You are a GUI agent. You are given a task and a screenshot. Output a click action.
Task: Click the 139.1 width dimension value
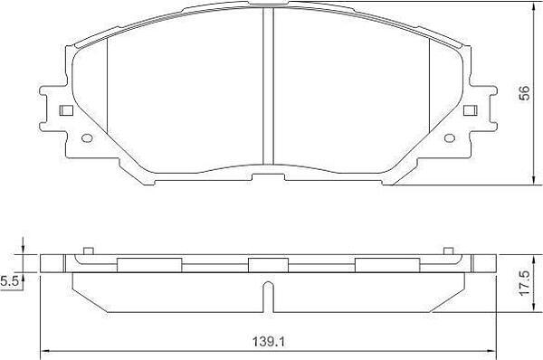(x=268, y=342)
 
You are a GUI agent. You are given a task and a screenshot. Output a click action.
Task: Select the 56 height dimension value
(x=525, y=93)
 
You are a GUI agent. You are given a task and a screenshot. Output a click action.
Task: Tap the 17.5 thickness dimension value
(x=525, y=283)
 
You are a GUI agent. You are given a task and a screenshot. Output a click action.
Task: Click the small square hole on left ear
(x=66, y=110)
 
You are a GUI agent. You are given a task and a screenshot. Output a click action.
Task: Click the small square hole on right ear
(x=471, y=110)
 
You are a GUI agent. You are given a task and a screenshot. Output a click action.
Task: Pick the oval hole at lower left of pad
(x=87, y=138)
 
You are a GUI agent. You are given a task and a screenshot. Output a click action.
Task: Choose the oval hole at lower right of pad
(x=450, y=138)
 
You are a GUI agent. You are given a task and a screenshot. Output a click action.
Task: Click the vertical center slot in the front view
(x=269, y=86)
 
